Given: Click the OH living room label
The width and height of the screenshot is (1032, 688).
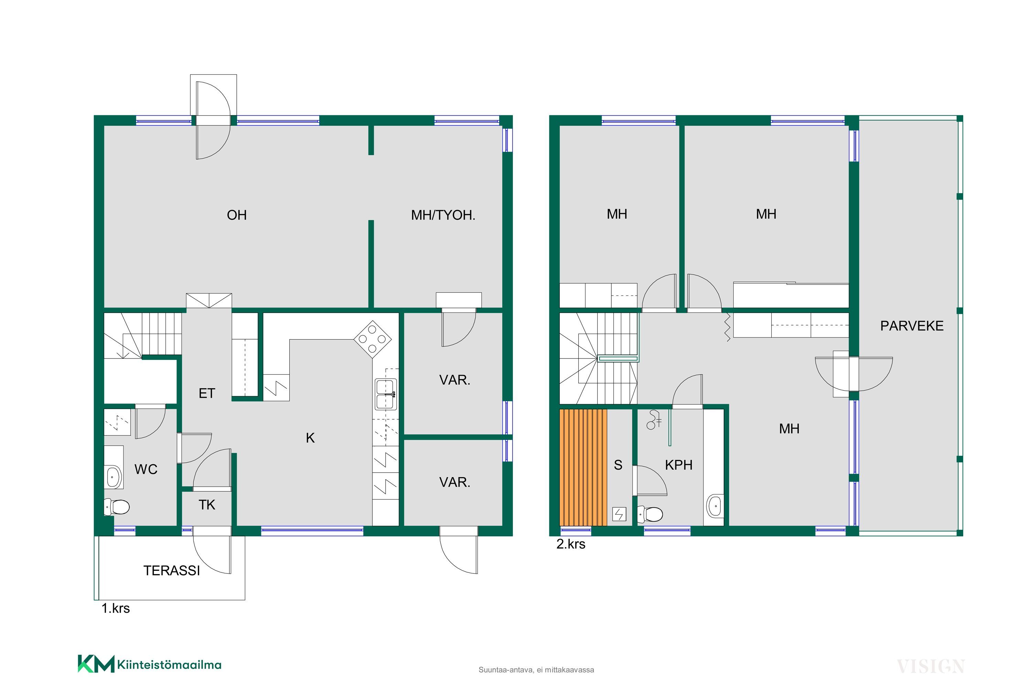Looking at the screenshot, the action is coord(237,215).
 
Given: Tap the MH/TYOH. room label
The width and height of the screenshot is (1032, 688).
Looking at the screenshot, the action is coord(443,215).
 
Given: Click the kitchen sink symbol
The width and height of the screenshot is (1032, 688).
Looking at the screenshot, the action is coord(386,394).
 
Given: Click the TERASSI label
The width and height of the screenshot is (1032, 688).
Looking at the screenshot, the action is coord(172,570).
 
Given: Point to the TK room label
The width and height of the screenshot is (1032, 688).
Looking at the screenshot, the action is coord(207,505).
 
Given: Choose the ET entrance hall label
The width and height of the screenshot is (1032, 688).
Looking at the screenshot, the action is coord(207,393).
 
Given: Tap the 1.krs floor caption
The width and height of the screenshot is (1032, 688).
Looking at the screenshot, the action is coord(116,608).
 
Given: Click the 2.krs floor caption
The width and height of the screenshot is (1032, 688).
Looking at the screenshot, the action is coord(571,544).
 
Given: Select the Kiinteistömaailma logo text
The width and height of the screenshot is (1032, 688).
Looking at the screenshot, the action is coord(169,665).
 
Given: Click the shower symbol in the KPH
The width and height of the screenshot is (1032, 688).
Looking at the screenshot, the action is coord(654,419).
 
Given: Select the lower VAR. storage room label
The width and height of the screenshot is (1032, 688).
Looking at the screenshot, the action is coord(454,483).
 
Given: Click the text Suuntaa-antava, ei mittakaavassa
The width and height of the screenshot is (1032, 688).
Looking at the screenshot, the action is coord(536,670).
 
